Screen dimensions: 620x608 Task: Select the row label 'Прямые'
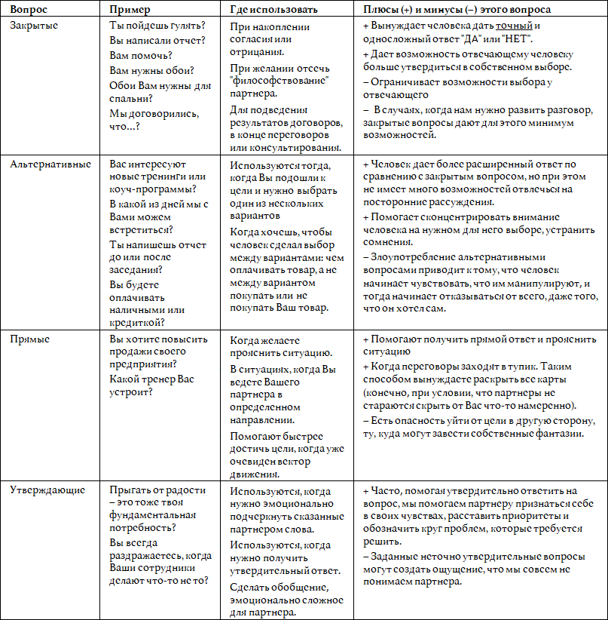[x=29, y=339]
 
